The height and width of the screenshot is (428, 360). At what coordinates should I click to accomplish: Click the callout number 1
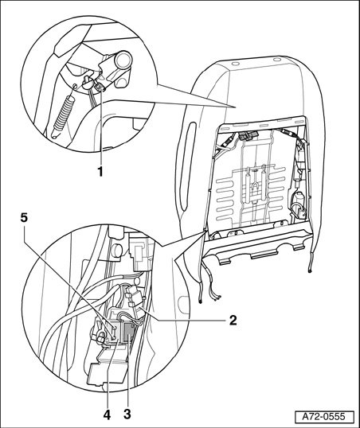click(100, 171)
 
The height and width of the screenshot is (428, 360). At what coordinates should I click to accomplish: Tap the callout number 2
click(233, 320)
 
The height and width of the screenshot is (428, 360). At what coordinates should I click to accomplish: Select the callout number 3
click(127, 414)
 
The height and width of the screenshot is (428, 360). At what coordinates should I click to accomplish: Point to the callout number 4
click(107, 414)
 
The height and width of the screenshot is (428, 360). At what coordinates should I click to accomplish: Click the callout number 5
click(25, 217)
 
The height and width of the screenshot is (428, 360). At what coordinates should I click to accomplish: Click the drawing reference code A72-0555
click(324, 417)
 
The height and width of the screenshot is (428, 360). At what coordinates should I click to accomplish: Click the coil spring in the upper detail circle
click(63, 115)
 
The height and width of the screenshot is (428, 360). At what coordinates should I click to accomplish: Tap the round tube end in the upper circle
click(123, 60)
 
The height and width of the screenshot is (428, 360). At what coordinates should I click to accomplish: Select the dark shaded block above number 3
click(129, 333)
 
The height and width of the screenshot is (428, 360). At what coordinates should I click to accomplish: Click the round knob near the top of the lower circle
click(117, 250)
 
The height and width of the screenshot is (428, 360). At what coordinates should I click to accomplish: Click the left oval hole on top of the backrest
click(234, 64)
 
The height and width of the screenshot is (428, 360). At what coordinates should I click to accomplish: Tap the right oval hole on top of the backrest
click(276, 59)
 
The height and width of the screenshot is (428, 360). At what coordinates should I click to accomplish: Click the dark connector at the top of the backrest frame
click(248, 136)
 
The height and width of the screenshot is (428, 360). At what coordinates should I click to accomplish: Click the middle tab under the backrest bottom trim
click(264, 256)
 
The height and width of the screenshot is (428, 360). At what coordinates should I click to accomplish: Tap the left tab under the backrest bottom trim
click(224, 262)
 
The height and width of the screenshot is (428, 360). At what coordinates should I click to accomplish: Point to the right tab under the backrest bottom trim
click(299, 247)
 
